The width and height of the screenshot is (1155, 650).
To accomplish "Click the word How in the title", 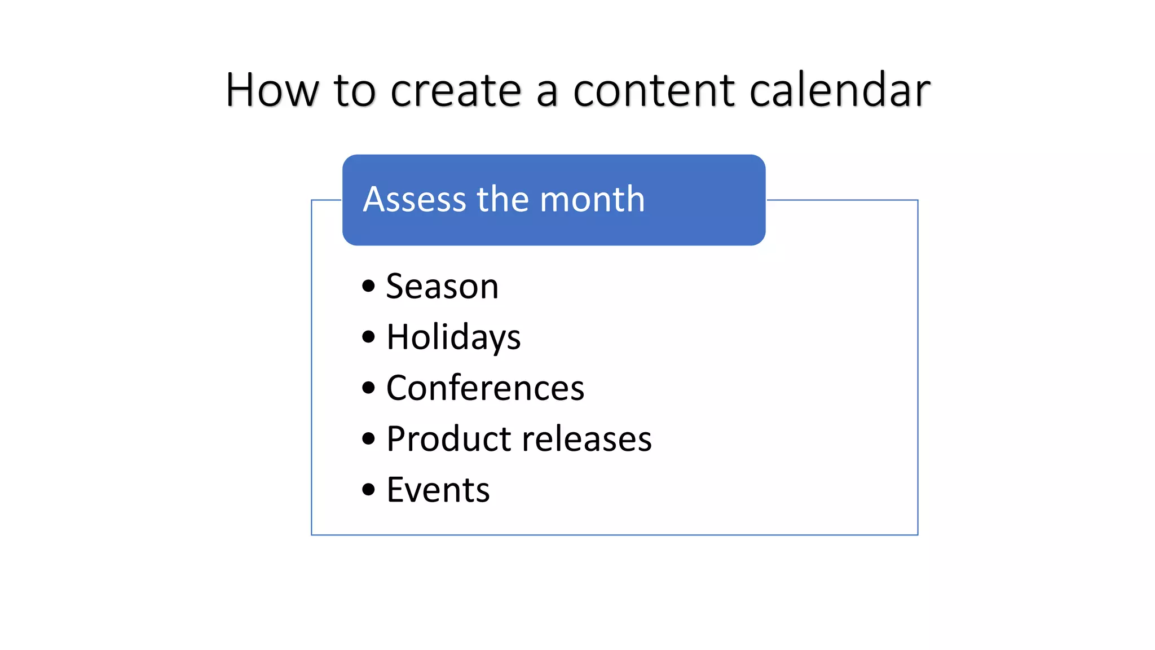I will [x=272, y=90].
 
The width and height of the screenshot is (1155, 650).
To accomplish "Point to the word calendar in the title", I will [x=840, y=90].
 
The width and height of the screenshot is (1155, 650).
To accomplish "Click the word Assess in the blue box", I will [x=415, y=200].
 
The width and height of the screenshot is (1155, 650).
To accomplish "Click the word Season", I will [x=442, y=287].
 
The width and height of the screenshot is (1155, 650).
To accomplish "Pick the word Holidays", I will [x=453, y=337].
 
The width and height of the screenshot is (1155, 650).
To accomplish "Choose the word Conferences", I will [x=485, y=388].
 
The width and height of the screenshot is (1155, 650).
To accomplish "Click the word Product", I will [x=448, y=439].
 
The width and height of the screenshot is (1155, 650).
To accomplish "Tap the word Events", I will [x=438, y=490].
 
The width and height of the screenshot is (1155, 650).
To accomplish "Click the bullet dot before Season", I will [x=369, y=286].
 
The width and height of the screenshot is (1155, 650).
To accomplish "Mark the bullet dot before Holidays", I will [x=369, y=337].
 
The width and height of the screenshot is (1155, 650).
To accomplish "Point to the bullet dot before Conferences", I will [x=369, y=388].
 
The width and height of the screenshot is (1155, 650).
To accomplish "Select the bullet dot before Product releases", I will [x=369, y=438].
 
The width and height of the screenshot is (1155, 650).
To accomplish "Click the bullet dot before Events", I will [x=369, y=489].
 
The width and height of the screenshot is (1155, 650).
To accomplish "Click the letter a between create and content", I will [x=547, y=93].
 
